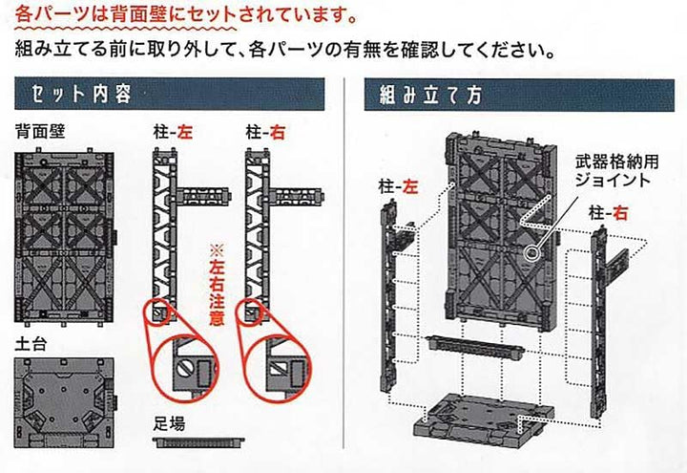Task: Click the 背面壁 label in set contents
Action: (x=39, y=132)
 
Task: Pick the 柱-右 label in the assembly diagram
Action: (x=609, y=211)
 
